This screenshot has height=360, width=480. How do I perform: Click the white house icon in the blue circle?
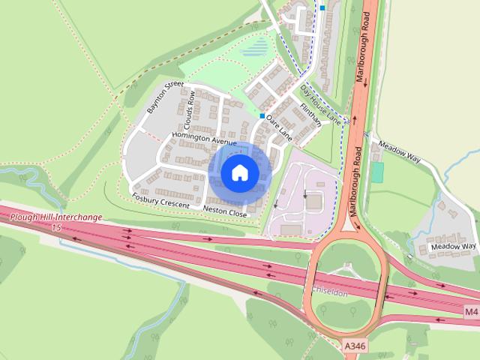tap(239, 172)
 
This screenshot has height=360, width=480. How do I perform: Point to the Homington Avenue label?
tap(203, 139)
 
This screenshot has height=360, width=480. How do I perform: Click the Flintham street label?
tap(310, 114)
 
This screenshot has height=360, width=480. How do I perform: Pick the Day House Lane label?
tap(320, 105)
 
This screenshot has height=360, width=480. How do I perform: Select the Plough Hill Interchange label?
tap(56, 217)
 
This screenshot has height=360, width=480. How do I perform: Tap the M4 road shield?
tap(471, 311)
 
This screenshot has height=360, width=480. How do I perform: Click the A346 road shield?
tap(355, 346)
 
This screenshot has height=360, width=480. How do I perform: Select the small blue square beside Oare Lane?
tap(262, 116)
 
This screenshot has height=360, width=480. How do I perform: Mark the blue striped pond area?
tap(256, 50)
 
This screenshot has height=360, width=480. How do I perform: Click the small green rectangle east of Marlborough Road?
tap(377, 172)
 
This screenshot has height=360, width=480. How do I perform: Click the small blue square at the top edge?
tap(322, 8)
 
